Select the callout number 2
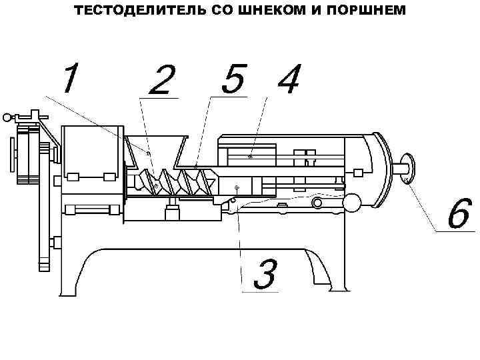(x=162, y=81)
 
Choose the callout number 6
(x=459, y=215)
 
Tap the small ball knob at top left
(x=7, y=118)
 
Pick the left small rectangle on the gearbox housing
(x=73, y=177)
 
